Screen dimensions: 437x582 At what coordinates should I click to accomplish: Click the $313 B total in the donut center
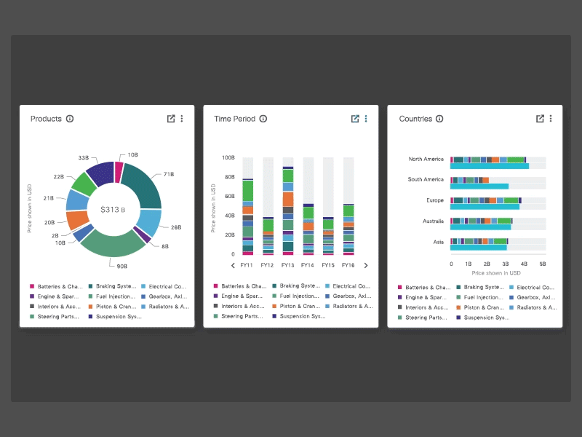[x=113, y=209]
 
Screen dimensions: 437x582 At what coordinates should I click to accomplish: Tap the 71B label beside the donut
[x=168, y=175]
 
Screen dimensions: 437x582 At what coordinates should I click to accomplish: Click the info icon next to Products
[x=70, y=119]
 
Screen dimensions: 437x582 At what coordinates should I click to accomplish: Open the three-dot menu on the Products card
[x=182, y=119]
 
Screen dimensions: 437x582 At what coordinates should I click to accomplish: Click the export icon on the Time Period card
[x=355, y=119]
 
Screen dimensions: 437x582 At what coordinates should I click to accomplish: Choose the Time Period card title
[x=234, y=119]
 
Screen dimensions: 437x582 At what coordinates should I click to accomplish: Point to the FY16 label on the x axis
[x=348, y=266]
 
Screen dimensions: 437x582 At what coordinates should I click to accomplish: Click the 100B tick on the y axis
[x=228, y=157]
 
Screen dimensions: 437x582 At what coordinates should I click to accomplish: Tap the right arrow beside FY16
[x=366, y=266]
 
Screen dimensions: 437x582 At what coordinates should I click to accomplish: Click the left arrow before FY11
[x=233, y=266]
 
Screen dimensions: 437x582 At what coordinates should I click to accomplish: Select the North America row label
[x=426, y=159]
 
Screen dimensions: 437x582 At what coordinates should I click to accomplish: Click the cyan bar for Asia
[x=479, y=247]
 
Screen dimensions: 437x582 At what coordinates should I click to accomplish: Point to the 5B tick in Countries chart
[x=543, y=264]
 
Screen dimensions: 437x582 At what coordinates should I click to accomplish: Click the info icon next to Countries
[x=439, y=119]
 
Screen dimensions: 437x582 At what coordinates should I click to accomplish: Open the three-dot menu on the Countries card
[x=551, y=119]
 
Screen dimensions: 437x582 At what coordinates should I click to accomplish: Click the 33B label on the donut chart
[x=84, y=157]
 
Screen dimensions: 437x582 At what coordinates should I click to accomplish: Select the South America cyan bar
[x=479, y=186]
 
